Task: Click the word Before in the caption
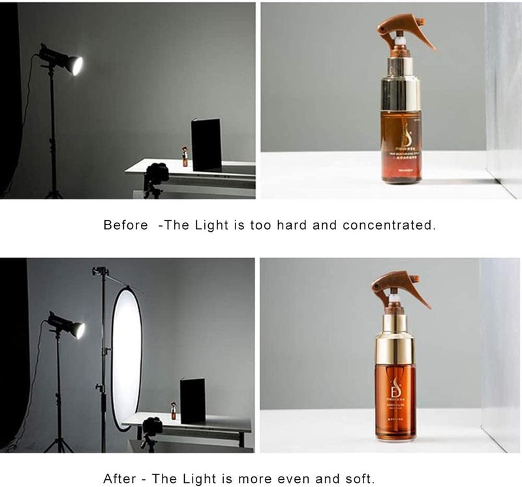pos(126,225)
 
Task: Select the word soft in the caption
pos(360,477)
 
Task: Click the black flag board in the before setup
pos(206,144)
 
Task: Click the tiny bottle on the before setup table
pos(185,157)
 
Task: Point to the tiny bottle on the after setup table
pos(174,411)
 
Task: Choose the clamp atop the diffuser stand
pos(100,271)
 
